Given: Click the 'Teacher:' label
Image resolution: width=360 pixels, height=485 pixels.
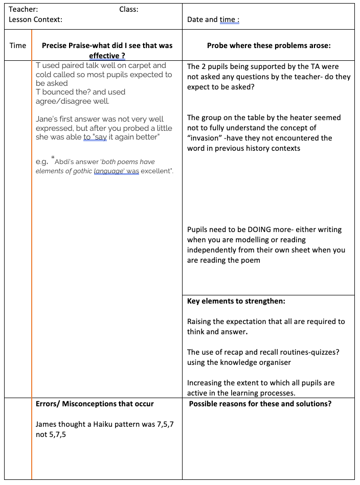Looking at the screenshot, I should pyautogui.click(x=24, y=9).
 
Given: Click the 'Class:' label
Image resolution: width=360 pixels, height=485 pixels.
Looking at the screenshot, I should pyautogui.click(x=129, y=9).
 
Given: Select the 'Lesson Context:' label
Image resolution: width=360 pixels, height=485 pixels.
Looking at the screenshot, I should pyautogui.click(x=36, y=19).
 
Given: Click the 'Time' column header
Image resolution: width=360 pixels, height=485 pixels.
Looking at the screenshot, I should pyautogui.click(x=18, y=45).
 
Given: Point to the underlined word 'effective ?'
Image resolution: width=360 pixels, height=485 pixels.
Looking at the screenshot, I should pyautogui.click(x=107, y=56).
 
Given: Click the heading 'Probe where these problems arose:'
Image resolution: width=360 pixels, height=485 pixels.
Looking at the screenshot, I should pyautogui.click(x=268, y=45).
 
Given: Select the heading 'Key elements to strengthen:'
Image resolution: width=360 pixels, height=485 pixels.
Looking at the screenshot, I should pyautogui.click(x=236, y=301).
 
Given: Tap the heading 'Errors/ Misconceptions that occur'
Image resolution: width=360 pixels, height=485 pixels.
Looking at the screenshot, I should pyautogui.click(x=95, y=404).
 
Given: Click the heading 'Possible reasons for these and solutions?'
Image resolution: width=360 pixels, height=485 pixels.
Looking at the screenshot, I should pyautogui.click(x=260, y=404).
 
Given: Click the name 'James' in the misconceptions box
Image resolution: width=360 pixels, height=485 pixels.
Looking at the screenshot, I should pyautogui.click(x=47, y=424).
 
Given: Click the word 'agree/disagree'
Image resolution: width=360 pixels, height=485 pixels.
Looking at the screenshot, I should pyautogui.click(x=63, y=101).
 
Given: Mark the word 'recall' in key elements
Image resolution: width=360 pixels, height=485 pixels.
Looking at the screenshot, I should pyautogui.click(x=269, y=352).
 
